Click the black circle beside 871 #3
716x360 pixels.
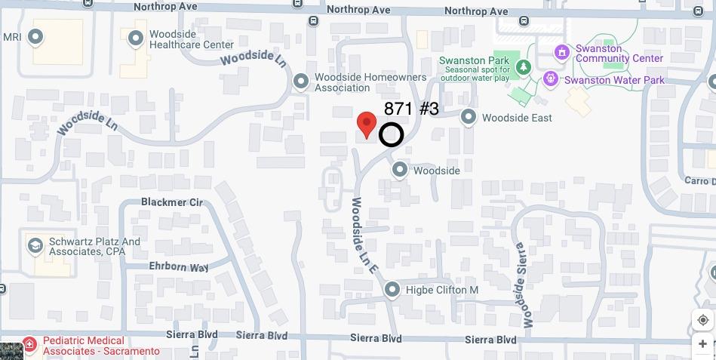coord(391,135)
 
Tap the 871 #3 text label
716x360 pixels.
coord(411,109)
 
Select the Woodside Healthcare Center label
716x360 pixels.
coord(181,39)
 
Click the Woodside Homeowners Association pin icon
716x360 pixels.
coord(301,81)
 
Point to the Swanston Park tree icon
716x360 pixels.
coord(524,67)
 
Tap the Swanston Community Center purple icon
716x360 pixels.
coord(561,52)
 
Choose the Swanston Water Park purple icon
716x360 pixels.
coord(551,78)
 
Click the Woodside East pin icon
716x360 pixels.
coord(469,117)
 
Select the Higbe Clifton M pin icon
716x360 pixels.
coord(392,289)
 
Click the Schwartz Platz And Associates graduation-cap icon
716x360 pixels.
coord(35,245)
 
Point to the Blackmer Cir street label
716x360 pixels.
coord(172,202)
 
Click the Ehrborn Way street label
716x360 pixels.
coord(179,267)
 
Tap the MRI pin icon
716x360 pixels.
coord(35,36)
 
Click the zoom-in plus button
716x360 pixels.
coord(703,344)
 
